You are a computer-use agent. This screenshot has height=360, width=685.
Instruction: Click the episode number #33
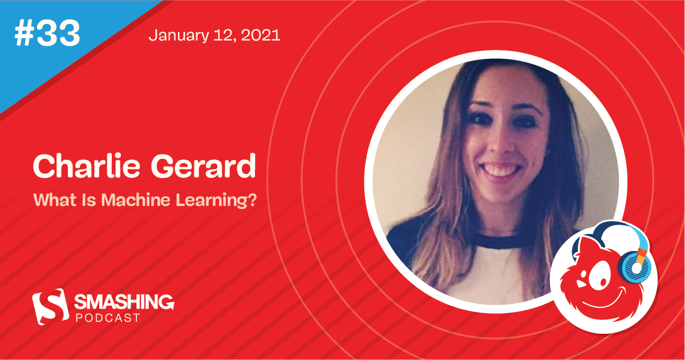47,34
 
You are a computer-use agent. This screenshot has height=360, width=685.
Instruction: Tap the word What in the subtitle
49,201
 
